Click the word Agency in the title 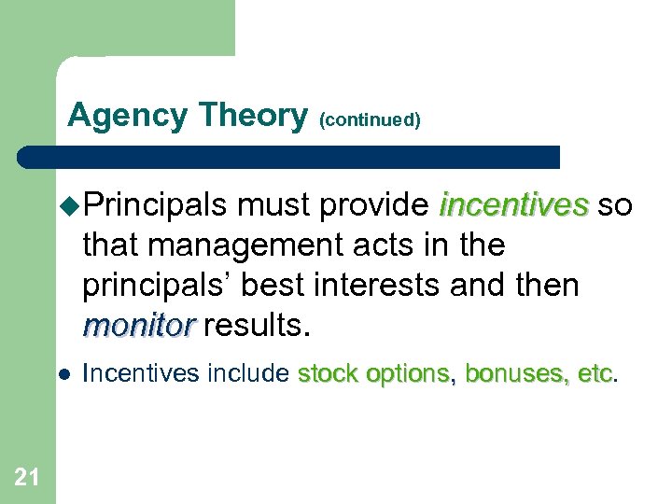tap(128, 117)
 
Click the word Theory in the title tap(252, 117)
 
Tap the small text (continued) tap(370, 120)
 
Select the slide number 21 tap(27, 478)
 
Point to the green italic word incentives tap(514, 204)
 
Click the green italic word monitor tap(138, 326)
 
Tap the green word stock tap(325, 374)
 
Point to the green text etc tap(595, 374)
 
